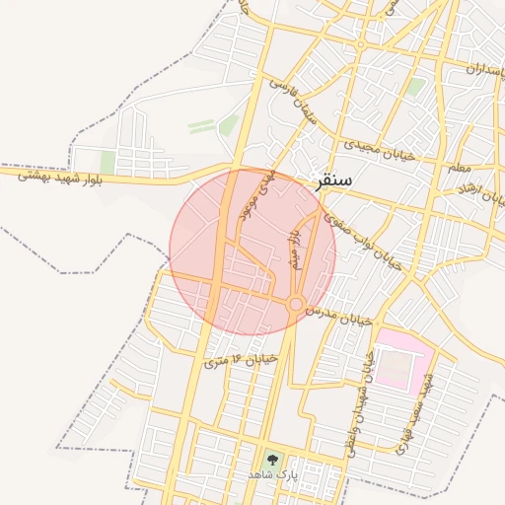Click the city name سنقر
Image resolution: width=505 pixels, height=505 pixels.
(x=333, y=182)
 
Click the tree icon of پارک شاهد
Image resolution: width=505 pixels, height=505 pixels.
(x=271, y=459)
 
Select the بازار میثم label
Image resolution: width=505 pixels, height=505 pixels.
(x=293, y=250)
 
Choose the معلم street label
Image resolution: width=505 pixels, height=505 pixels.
(x=460, y=168)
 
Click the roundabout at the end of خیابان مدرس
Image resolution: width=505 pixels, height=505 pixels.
(x=295, y=305)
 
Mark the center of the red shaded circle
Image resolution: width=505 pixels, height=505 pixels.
(x=252, y=252)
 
